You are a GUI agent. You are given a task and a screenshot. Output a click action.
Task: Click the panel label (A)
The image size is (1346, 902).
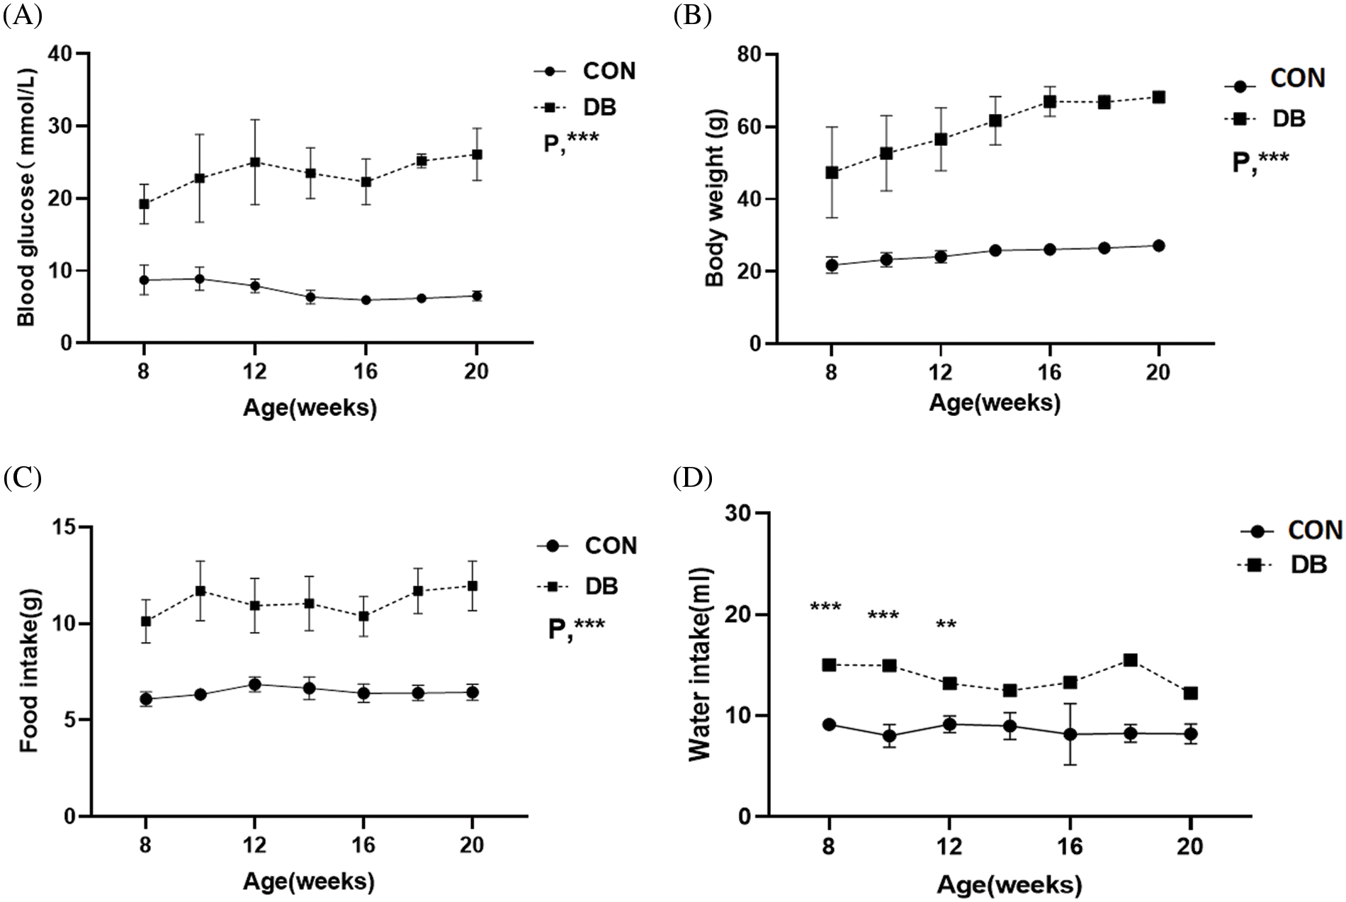pyautogui.click(x=22, y=15)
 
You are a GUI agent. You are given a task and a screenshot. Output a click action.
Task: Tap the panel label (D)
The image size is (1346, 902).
pyautogui.click(x=692, y=478)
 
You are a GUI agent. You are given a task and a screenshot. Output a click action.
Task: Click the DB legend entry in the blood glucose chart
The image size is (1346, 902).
pyautogui.click(x=599, y=108)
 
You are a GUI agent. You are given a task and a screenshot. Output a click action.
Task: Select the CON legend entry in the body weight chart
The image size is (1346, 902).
pyautogui.click(x=1296, y=79)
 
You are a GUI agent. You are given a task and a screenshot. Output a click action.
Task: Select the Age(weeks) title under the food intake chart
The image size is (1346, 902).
pyautogui.click(x=309, y=881)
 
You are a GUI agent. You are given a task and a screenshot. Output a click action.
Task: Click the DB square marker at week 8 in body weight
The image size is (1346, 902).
pyautogui.click(x=832, y=172)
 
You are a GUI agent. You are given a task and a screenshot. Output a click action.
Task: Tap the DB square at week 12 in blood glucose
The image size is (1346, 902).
pyautogui.click(x=255, y=162)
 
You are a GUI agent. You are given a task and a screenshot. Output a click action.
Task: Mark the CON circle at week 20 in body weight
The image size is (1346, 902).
pyautogui.click(x=1158, y=246)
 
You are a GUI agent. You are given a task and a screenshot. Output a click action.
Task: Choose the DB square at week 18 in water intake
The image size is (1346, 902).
pyautogui.click(x=1131, y=660)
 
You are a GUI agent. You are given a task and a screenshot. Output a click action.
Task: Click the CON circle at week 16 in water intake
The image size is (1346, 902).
pyautogui.click(x=1070, y=735)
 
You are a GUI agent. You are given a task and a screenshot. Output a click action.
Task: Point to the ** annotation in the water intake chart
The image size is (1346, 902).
pyautogui.click(x=946, y=626)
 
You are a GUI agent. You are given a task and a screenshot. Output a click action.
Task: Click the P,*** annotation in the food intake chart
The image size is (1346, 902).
pyautogui.click(x=577, y=628)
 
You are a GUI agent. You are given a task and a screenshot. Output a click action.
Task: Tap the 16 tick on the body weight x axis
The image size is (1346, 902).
pyautogui.click(x=1049, y=372)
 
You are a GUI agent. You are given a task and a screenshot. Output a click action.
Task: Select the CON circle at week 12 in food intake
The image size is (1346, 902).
pyautogui.click(x=255, y=684)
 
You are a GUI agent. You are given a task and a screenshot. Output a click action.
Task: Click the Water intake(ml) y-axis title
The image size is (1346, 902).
pyautogui.click(x=699, y=664)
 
